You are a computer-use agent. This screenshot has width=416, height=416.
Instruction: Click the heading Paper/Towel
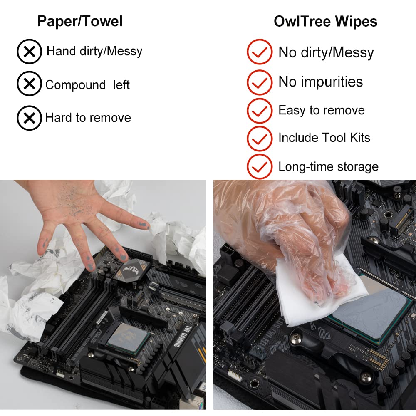[80, 21]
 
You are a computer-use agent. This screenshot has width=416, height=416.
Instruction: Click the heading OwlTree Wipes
[325, 21]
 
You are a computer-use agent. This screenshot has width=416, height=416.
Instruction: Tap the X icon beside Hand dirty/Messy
[29, 52]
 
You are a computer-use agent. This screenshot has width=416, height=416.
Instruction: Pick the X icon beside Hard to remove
[29, 118]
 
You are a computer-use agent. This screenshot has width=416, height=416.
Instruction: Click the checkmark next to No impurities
[260, 82]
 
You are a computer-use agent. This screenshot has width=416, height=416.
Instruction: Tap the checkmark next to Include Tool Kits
[260, 138]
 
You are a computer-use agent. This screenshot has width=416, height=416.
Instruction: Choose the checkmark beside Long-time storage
[260, 166]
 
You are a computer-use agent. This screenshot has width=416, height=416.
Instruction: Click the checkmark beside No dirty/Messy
[260, 52]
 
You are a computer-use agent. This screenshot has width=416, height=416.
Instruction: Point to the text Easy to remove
[321, 110]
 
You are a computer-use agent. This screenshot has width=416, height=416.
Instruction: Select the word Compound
[76, 85]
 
